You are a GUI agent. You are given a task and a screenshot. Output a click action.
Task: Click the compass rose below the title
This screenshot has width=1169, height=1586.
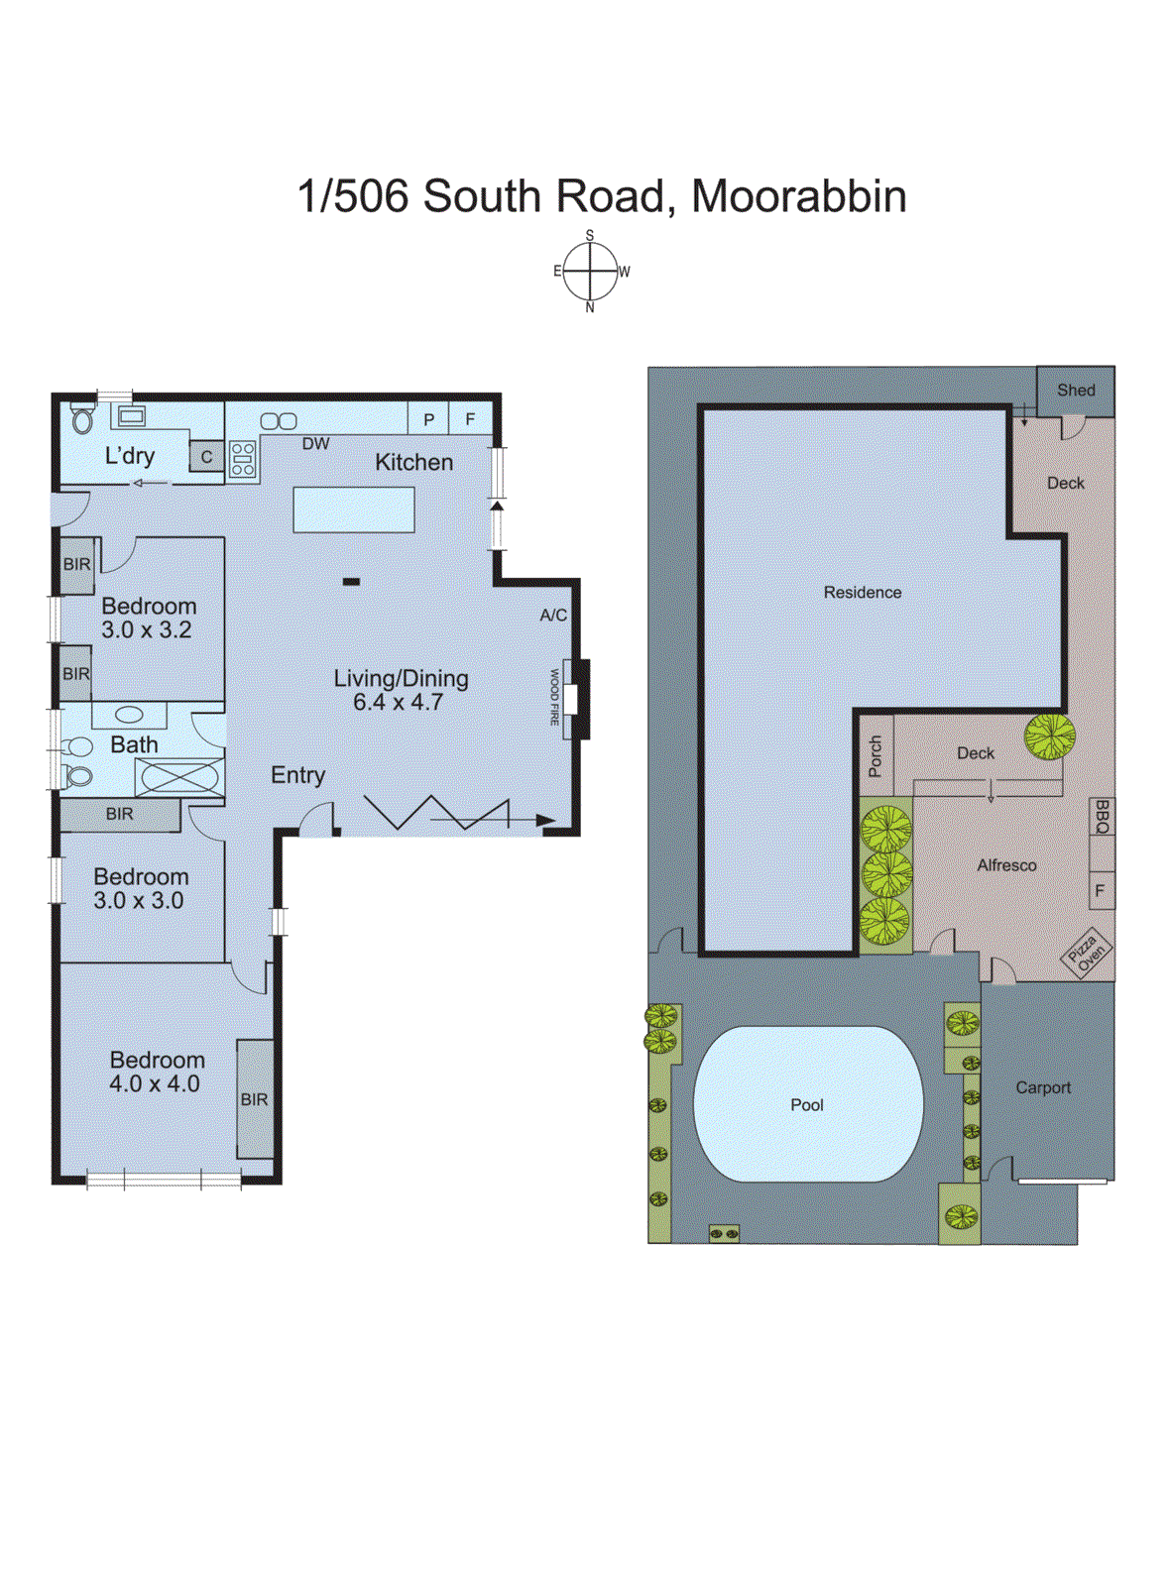(x=591, y=272)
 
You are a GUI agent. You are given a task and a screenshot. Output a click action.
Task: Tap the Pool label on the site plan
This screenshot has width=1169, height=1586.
(x=806, y=1105)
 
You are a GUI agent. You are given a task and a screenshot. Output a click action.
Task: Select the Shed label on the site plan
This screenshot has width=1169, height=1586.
(x=1076, y=391)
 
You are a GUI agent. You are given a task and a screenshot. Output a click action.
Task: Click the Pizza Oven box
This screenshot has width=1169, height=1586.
(x=1087, y=953)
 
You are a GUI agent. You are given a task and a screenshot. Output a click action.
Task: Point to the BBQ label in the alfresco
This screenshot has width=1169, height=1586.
(x=1102, y=817)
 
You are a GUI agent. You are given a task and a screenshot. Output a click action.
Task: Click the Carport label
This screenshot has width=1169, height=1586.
(x=1043, y=1087)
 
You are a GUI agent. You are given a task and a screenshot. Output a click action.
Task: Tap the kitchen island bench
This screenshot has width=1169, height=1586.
(x=354, y=510)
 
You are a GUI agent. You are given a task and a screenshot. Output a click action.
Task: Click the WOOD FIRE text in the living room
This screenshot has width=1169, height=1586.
(x=554, y=698)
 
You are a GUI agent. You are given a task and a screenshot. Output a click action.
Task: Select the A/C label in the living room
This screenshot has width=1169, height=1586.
(x=553, y=616)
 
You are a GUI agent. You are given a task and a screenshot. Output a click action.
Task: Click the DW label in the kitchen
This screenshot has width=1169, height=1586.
(x=315, y=444)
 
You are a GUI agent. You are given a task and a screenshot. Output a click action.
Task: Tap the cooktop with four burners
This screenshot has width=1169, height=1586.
(x=243, y=460)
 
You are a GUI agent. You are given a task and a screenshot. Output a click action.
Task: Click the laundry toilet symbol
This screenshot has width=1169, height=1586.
(x=82, y=420)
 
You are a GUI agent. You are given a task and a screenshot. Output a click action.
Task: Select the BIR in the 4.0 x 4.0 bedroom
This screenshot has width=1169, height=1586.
(x=255, y=1099)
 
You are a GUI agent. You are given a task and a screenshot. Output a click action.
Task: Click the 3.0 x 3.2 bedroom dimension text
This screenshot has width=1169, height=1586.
(x=147, y=629)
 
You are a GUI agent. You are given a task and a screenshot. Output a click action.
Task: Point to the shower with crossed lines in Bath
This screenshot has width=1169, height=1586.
(x=179, y=777)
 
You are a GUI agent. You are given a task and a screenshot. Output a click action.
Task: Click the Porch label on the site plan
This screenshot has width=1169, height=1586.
(x=875, y=756)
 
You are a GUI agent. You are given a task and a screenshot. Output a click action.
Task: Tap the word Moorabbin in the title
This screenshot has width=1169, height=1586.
(x=798, y=196)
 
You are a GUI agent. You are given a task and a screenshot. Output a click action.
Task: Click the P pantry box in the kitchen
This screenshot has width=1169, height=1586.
(x=428, y=419)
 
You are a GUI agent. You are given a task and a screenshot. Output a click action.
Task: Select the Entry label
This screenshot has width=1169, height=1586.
(x=297, y=775)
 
